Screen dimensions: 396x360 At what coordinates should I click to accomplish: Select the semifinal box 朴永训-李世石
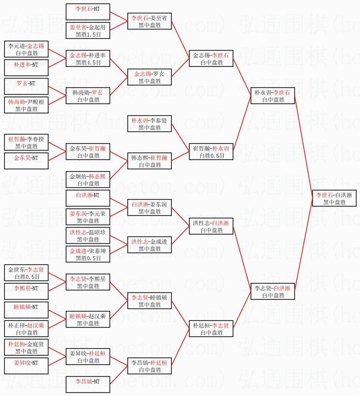(273, 96)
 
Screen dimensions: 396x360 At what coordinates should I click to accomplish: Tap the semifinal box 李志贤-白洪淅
(273, 291)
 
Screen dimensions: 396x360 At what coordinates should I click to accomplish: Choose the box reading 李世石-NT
(88, 12)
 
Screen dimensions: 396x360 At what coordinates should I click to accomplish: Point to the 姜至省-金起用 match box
(88, 30)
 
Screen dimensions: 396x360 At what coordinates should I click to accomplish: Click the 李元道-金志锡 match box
(26, 49)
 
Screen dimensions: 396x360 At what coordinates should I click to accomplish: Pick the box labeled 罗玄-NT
(26, 86)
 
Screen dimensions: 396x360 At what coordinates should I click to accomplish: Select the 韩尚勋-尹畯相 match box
(26, 105)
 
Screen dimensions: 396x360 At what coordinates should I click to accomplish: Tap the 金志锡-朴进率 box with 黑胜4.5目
(88, 58)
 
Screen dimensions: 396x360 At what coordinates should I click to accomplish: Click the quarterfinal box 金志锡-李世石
(211, 58)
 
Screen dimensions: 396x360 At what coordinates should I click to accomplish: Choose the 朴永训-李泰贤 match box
(149, 124)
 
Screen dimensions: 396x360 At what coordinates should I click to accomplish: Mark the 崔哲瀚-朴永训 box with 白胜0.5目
(211, 152)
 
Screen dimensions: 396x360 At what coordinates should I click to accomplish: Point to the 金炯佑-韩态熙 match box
(88, 180)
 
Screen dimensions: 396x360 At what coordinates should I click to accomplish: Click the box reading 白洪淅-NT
(88, 198)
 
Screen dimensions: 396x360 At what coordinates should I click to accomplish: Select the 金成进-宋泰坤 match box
(88, 254)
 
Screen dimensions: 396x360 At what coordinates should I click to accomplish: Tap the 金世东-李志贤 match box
(26, 273)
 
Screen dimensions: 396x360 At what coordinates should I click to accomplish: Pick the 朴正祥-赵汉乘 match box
(26, 329)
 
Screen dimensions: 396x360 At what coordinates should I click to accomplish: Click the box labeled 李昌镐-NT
(88, 385)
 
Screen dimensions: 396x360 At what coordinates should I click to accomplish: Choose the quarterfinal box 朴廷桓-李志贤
(211, 329)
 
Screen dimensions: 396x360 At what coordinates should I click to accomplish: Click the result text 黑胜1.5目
(88, 35)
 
